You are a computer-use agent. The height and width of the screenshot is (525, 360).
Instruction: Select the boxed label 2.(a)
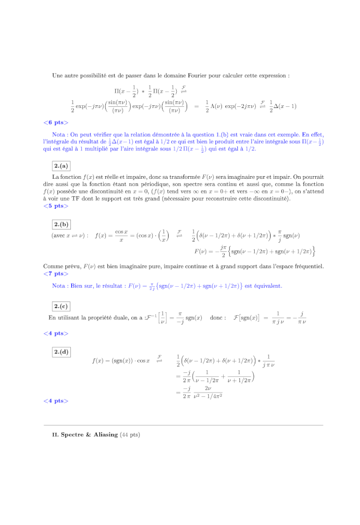[61, 166]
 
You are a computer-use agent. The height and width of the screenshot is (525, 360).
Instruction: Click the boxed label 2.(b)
[61, 225]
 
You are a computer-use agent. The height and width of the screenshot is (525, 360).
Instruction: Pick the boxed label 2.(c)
[61, 306]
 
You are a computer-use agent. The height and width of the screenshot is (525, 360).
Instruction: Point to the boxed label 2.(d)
[61, 352]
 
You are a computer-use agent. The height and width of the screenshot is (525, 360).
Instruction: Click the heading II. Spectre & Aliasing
[85, 435]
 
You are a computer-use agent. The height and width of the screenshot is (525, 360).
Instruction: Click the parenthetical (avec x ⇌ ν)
[69, 236]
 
